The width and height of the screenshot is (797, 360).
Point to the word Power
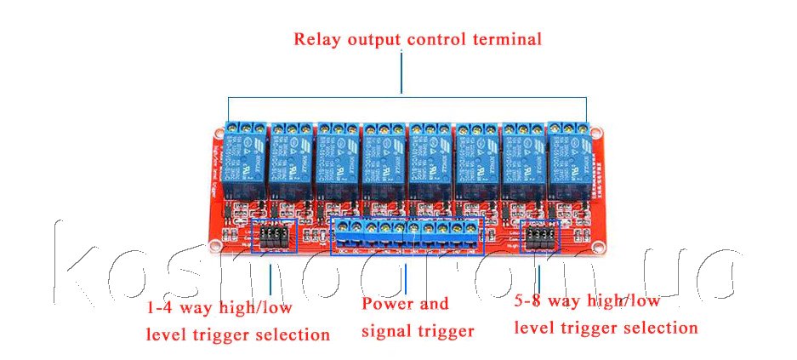tap(387, 304)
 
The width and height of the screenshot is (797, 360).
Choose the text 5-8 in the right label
tap(529, 300)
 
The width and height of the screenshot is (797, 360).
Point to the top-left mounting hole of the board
tap(218, 133)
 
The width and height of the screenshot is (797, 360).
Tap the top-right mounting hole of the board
tap(597, 133)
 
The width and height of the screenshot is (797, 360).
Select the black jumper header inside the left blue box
tap(274, 237)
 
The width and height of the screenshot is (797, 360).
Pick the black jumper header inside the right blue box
tap(539, 237)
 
